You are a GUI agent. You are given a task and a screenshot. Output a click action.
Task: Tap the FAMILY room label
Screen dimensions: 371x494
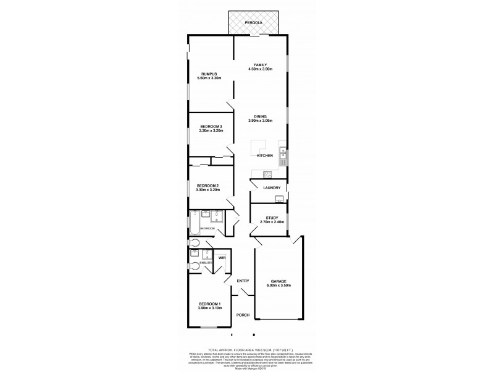pos(260,65)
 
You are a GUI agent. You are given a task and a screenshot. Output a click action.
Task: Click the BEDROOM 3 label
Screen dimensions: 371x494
pos(210,127)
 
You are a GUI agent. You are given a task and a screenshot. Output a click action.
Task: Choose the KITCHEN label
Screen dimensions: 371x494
pos(264,156)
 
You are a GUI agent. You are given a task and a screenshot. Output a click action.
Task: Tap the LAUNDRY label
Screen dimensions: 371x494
pos(272,188)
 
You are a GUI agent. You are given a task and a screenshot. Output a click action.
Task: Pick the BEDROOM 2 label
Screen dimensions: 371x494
pos(207,185)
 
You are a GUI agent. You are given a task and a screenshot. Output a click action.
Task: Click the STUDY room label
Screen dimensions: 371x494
pos(272,218)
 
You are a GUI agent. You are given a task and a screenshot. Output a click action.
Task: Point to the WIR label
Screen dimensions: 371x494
pos(221,258)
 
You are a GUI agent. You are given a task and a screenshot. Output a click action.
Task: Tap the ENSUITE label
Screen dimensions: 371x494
pos(206,263)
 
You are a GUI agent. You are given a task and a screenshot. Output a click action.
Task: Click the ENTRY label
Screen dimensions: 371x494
pos(243,281)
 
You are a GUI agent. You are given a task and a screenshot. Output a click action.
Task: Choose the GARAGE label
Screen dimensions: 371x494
pos(276,281)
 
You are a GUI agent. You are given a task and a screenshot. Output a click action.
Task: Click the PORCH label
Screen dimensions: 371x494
pos(243,315)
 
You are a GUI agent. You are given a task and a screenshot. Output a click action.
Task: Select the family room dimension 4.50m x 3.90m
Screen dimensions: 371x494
pos(260,70)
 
